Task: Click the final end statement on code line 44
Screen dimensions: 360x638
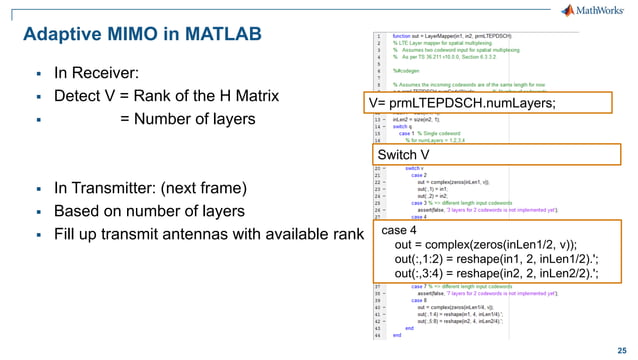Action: pos(397,336)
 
